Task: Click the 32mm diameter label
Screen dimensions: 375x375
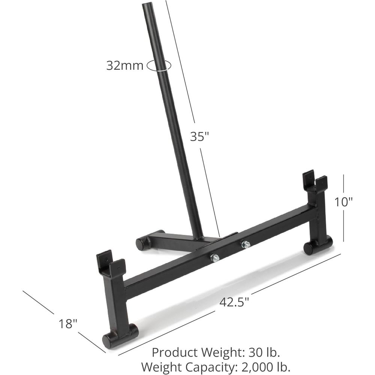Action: pyautogui.click(x=124, y=65)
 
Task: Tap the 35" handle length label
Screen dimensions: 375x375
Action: pyautogui.click(x=199, y=136)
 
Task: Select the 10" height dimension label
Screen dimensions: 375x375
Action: pyautogui.click(x=343, y=202)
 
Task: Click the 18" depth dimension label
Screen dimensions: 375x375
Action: pyautogui.click(x=68, y=324)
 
